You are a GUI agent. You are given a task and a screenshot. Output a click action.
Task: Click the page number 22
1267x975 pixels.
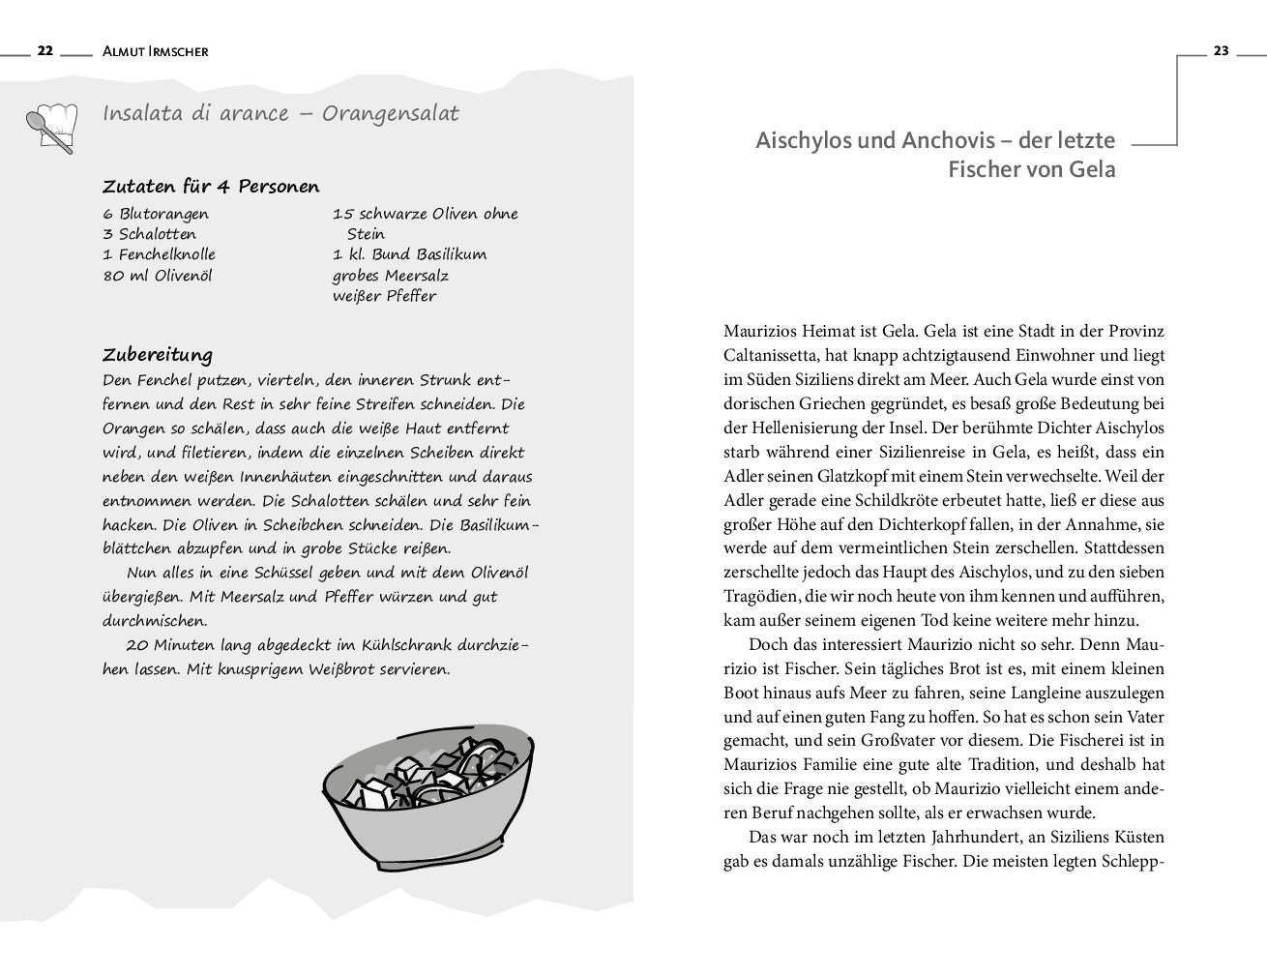coord(44,51)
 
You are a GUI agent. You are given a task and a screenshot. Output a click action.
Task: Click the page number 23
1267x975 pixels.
coord(1221,51)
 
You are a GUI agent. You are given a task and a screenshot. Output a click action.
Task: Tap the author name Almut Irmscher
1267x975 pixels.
coord(155,52)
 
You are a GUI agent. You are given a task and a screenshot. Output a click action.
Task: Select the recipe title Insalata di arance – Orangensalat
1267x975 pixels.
coord(280,113)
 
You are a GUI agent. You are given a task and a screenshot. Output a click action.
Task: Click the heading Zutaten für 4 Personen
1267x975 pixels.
coord(211,187)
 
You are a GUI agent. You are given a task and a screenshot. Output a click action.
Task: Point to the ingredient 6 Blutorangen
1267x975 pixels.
coord(156,214)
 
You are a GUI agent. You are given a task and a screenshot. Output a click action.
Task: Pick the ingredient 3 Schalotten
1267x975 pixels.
coord(149,234)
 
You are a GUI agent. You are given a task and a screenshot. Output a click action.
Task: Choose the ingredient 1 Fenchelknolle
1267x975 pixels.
coord(159,254)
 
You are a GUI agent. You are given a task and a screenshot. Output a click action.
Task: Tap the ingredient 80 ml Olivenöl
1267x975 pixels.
coord(157,276)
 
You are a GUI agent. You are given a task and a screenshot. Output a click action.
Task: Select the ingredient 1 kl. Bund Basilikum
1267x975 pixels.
coord(409,254)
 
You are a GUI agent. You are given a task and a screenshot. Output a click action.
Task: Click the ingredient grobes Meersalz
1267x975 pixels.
coord(391,276)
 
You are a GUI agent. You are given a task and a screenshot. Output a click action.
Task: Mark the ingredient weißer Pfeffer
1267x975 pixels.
coord(384,296)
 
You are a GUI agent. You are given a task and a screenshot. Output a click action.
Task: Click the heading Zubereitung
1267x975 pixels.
coord(158,354)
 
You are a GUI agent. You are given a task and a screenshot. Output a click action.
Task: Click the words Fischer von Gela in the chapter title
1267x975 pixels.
coord(1031,170)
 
